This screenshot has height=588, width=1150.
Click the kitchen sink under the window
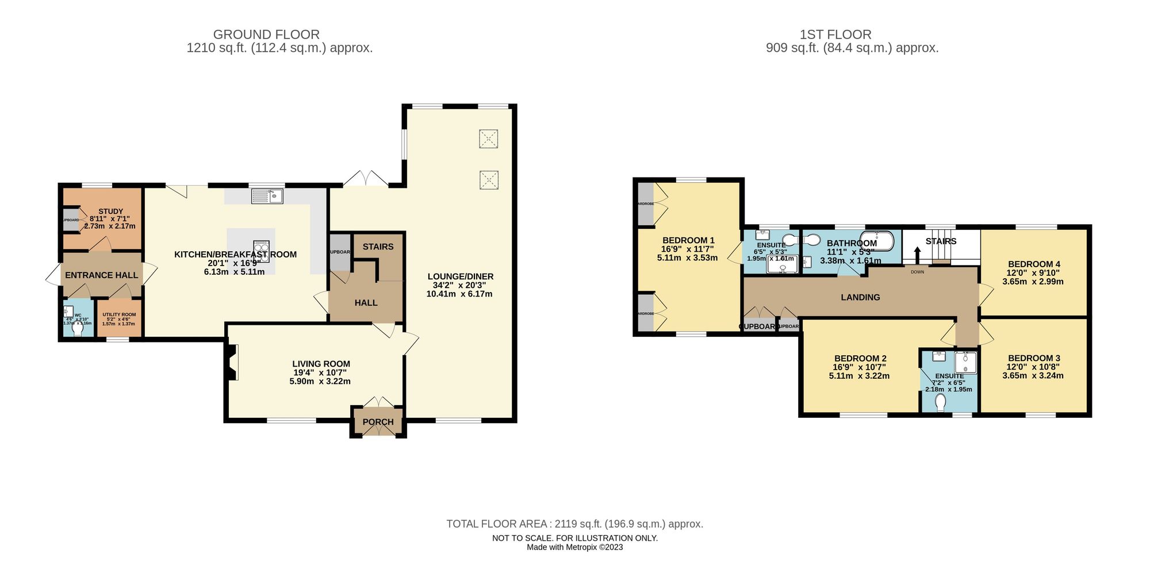(x=267, y=196)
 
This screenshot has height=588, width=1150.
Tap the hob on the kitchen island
(x=261, y=252)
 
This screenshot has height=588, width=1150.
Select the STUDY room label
(x=110, y=211)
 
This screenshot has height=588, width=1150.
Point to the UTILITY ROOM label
(x=119, y=314)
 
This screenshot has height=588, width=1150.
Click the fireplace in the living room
(x=232, y=363)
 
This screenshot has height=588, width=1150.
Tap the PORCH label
(x=378, y=422)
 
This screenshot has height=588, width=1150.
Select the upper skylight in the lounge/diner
(x=488, y=139)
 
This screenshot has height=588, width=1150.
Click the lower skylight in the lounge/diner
(x=488, y=180)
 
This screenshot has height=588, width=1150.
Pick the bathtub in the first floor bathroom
(x=877, y=241)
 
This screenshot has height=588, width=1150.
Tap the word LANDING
(x=860, y=297)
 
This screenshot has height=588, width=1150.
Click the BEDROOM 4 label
(x=1033, y=264)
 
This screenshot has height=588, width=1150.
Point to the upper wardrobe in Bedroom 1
(x=646, y=203)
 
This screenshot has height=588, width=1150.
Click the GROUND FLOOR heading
(x=266, y=34)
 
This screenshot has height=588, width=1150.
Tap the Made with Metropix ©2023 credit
(x=574, y=547)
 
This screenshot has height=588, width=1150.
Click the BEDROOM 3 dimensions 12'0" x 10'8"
(x=1033, y=367)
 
